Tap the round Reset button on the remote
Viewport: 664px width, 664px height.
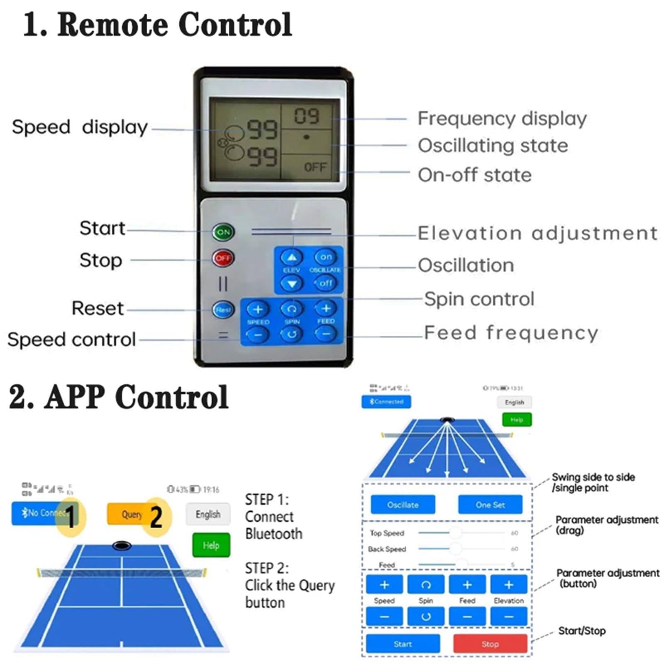click(x=223, y=310)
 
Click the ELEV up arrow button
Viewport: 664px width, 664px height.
click(x=292, y=258)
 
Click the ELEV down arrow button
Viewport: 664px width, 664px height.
click(x=292, y=284)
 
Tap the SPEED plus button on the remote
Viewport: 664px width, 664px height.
click(x=258, y=309)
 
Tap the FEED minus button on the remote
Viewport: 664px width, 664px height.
click(x=326, y=334)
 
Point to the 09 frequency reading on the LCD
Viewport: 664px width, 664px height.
click(x=307, y=116)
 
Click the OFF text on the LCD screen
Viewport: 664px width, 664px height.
click(x=315, y=167)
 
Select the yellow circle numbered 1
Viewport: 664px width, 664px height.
click(x=71, y=517)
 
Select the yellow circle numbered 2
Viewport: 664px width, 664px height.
click(x=156, y=517)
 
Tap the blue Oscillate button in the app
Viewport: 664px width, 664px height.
click(x=403, y=505)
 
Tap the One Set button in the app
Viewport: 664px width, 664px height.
click(x=490, y=505)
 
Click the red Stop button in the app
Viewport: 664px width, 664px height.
click(x=490, y=644)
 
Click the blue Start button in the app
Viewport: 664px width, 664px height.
click(x=403, y=644)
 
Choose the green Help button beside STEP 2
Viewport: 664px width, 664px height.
click(x=211, y=545)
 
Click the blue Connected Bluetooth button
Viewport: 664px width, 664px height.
click(x=386, y=402)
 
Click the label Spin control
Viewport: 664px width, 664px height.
click(x=479, y=299)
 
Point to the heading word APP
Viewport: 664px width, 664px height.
click(x=74, y=397)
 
